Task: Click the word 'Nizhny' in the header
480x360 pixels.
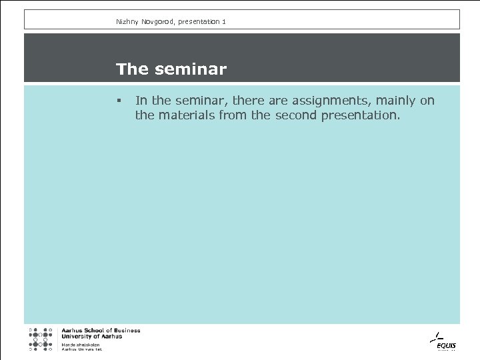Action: point(127,22)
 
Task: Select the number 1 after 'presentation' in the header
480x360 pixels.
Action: point(224,22)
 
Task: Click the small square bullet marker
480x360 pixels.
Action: point(117,101)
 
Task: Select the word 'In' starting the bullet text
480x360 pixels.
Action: point(141,101)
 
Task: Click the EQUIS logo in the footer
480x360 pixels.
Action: point(441,341)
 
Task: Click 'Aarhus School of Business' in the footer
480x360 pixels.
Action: point(101,331)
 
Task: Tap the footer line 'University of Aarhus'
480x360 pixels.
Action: point(92,337)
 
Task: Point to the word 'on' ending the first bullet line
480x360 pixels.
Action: point(427,101)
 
